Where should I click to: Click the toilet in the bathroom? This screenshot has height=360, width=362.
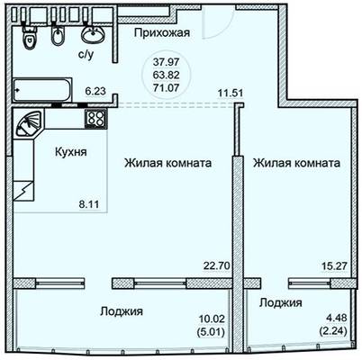(30, 37)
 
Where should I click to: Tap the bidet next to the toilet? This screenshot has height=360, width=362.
(58, 35)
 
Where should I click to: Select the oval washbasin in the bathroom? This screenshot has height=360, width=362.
(94, 34)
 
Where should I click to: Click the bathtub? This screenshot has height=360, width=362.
(42, 90)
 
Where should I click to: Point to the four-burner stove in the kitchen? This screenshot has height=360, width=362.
(95, 119)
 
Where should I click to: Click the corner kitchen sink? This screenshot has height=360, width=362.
(28, 123)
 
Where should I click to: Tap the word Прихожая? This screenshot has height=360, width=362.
(162, 32)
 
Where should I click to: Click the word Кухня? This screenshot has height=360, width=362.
(71, 152)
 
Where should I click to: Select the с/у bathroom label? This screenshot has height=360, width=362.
(86, 55)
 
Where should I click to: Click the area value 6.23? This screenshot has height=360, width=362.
(95, 91)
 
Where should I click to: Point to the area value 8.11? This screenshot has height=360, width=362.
(88, 204)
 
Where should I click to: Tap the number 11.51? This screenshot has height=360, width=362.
(231, 93)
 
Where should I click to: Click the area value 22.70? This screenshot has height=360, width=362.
(217, 265)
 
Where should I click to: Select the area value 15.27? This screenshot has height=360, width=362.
(334, 265)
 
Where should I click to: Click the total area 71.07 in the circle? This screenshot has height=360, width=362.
(166, 88)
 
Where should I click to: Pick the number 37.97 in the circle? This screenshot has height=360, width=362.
(166, 62)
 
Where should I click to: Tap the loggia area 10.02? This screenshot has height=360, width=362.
(212, 319)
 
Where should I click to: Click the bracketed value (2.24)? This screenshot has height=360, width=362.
(334, 331)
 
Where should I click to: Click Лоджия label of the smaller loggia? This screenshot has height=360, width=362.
(281, 302)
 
